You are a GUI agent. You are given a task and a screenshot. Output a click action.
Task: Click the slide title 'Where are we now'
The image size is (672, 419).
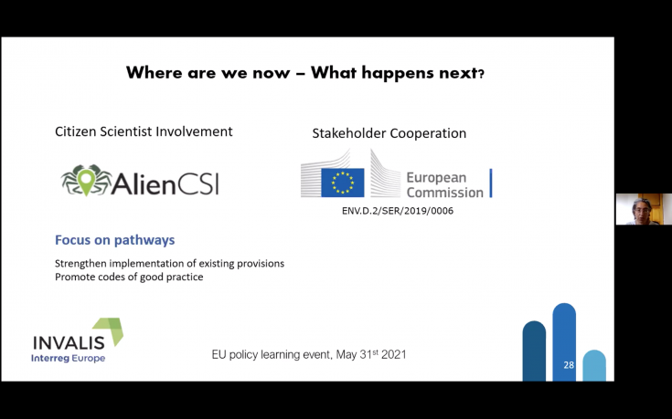coord(208,73)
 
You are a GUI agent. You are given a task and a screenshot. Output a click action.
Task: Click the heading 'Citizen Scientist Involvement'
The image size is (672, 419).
coord(144,131)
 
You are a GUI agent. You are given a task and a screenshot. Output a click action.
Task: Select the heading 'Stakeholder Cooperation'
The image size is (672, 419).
coord(389,133)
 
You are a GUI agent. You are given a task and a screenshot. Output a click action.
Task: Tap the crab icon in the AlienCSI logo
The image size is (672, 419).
coord(87,180)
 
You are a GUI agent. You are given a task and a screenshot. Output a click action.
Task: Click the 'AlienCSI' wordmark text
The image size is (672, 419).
coord(165,183)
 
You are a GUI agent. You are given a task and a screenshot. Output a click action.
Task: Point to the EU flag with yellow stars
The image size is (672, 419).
coord(343,183)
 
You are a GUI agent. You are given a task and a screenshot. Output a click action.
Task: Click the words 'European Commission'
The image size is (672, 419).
coord(445,185)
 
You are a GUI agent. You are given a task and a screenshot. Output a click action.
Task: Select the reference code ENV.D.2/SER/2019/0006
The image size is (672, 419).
coord(398,211)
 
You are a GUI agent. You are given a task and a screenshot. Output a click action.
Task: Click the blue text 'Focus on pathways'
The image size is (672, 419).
coord(115,240)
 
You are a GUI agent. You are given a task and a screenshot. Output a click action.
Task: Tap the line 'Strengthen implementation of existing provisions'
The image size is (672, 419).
coord(169,263)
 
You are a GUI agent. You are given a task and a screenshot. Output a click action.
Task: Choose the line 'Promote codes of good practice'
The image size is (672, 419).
coord(129,277)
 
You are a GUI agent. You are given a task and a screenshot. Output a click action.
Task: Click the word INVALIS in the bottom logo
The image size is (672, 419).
coord(69,343)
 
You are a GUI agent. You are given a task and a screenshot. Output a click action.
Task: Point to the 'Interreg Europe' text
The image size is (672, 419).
coord(69,358)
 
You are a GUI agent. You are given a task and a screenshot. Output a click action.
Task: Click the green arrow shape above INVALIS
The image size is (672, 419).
coord(110,330)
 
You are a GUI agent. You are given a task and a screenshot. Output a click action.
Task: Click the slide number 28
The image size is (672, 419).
coord(569,365)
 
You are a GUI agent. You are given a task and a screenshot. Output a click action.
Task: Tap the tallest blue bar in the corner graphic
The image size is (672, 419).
coord(564,342)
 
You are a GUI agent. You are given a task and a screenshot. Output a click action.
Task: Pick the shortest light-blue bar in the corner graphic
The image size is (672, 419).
coord(594,365)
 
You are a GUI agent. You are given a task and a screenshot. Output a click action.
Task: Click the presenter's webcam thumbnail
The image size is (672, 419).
coord(644,209)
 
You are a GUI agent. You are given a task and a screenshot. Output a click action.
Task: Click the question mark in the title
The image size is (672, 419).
coord(481,75)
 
